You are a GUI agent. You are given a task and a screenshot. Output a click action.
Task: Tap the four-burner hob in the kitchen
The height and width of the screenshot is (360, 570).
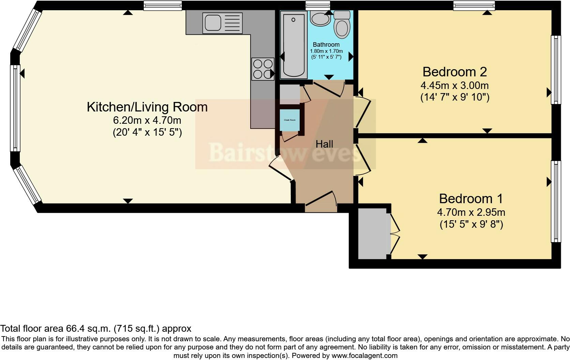(x=263, y=69)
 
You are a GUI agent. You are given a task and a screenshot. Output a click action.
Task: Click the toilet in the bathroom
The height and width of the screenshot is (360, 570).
(x=342, y=25)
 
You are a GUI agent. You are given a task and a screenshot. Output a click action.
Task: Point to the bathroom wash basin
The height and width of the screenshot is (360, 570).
(x=320, y=19)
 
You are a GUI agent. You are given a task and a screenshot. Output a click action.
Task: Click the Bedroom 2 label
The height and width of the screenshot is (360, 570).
(x=454, y=72)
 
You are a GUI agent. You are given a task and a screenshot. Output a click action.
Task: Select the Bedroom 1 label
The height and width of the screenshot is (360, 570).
(x=471, y=199)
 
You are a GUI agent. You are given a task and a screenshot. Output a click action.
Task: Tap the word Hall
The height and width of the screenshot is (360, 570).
(x=324, y=144)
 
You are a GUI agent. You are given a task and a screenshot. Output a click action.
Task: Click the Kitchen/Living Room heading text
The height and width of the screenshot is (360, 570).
(x=147, y=107)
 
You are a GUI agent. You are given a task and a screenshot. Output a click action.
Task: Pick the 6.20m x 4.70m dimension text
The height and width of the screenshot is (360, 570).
(x=147, y=120)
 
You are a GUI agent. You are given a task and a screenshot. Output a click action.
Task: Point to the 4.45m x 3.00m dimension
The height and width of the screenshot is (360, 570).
(x=454, y=85)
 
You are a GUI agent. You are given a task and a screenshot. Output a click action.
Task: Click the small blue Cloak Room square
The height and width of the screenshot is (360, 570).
(x=290, y=120)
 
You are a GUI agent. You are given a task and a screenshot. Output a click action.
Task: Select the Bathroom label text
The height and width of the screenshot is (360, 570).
(x=326, y=45)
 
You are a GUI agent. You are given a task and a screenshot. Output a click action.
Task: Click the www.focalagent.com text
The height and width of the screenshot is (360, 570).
(x=364, y=356)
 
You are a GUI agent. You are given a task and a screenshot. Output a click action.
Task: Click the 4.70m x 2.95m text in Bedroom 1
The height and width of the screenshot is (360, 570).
(x=471, y=212)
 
